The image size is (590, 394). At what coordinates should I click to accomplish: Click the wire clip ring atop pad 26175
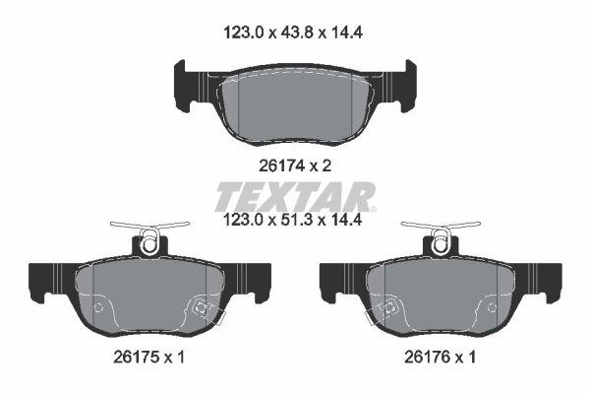(x=149, y=240)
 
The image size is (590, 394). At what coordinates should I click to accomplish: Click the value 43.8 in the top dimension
(x=295, y=31)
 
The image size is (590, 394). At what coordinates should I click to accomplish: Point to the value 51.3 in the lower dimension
(x=295, y=222)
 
